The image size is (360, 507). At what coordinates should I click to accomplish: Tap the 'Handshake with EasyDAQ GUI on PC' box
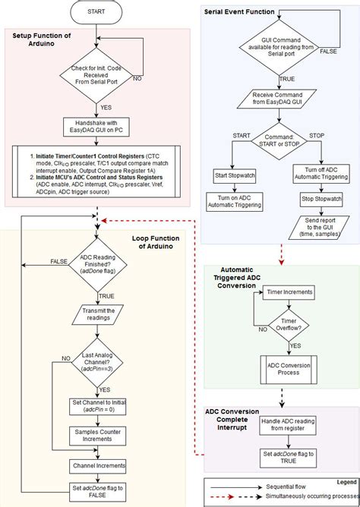[x=96, y=127]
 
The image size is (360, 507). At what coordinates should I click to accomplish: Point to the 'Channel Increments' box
[x=96, y=464]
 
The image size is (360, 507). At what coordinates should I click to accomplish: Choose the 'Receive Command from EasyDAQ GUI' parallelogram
[x=281, y=98]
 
